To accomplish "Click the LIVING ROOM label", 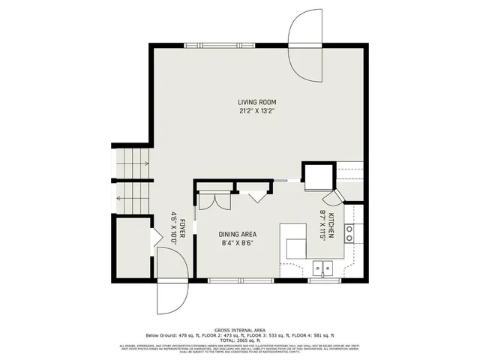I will point(256,102).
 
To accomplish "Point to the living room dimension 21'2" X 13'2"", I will point(256,111).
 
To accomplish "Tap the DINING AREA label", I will point(238,234).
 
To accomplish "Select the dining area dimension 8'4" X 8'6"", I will point(238,243).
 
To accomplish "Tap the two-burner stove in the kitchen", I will point(349,232).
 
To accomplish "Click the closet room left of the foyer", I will point(133,247).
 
